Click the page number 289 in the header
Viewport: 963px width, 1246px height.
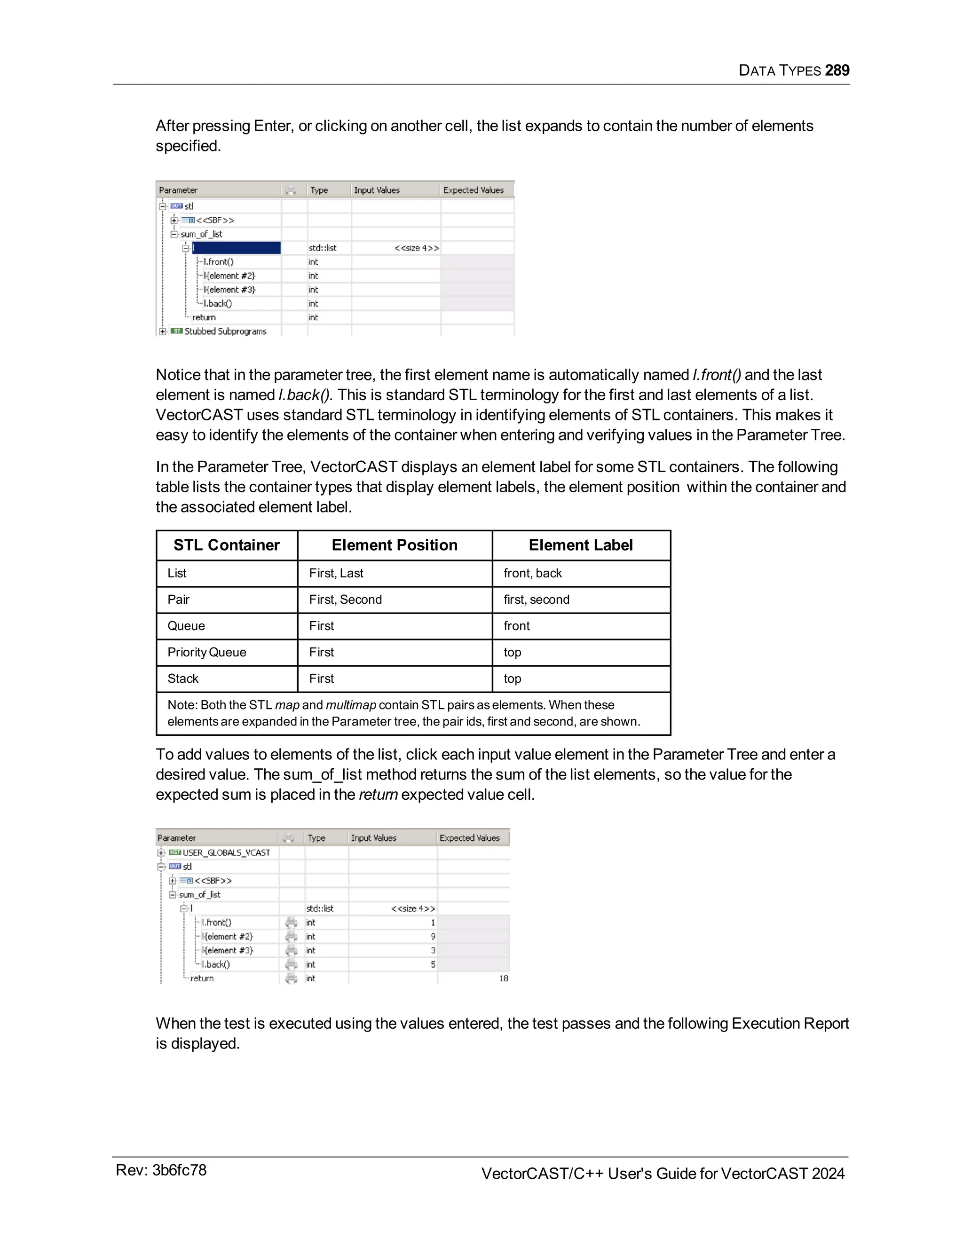tap(837, 70)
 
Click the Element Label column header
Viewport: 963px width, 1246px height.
tap(580, 545)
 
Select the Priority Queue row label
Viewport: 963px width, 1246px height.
tap(206, 652)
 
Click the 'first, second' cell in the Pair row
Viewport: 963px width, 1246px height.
tap(536, 599)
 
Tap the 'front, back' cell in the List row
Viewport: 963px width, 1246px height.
tap(532, 573)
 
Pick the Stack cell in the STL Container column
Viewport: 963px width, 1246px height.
tap(182, 678)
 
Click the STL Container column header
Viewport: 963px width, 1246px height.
tap(227, 545)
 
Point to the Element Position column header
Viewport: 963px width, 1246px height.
tap(394, 545)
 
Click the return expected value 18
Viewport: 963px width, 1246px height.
tap(503, 978)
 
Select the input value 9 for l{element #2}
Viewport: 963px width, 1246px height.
tap(433, 937)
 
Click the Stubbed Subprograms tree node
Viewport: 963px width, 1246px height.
tap(225, 331)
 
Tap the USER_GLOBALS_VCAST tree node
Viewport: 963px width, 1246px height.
tap(226, 853)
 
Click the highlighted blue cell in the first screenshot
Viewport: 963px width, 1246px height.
tap(236, 248)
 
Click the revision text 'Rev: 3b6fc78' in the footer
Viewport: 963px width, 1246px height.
tap(161, 1170)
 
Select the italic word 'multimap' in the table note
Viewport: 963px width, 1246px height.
tap(350, 705)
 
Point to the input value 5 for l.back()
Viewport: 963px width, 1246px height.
tap(433, 965)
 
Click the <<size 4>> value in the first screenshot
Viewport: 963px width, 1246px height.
tap(417, 248)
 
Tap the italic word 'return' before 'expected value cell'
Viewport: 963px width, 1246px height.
tap(378, 795)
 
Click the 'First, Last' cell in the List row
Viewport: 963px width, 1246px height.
tap(336, 573)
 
